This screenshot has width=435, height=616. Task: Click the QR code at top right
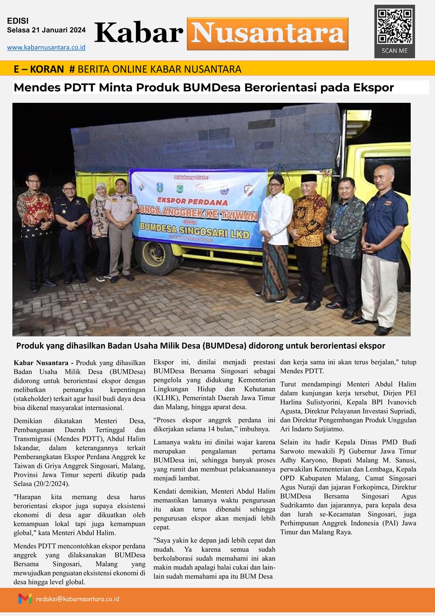(394, 26)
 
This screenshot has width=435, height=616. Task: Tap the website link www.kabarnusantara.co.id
(46, 47)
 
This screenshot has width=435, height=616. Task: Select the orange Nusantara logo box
(267, 34)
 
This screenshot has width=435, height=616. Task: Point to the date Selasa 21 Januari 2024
(46, 30)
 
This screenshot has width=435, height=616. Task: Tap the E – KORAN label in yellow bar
(39, 69)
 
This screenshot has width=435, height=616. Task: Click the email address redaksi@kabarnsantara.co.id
(77, 599)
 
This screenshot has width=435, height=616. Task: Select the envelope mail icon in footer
(25, 599)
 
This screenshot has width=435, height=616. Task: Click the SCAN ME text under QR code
(394, 51)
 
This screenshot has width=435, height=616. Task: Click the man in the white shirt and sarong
(276, 238)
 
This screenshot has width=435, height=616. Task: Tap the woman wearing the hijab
(100, 229)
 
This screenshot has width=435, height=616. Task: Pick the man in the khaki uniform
(122, 229)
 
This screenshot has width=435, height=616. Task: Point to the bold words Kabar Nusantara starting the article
(42, 363)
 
